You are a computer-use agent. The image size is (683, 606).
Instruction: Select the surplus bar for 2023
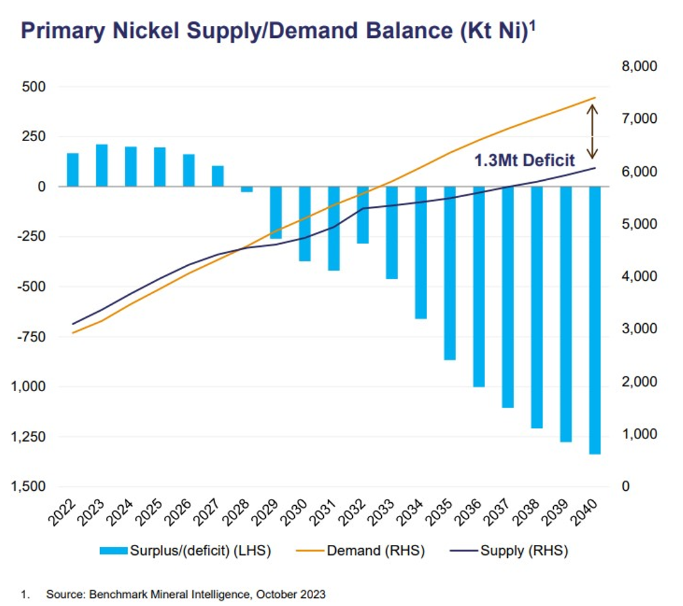click(101, 165)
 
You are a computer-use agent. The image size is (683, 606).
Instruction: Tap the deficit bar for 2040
click(595, 320)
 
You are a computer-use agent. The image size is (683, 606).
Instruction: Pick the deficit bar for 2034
click(421, 252)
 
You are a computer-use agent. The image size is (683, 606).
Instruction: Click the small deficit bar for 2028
click(246, 189)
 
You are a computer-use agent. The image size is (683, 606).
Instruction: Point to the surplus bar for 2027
click(217, 176)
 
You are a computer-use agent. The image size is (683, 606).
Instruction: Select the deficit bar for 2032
click(362, 215)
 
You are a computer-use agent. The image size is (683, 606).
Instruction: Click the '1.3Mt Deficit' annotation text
click(524, 160)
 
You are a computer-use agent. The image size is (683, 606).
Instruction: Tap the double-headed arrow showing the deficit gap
click(592, 131)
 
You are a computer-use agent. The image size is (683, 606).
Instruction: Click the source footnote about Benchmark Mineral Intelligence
click(185, 593)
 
